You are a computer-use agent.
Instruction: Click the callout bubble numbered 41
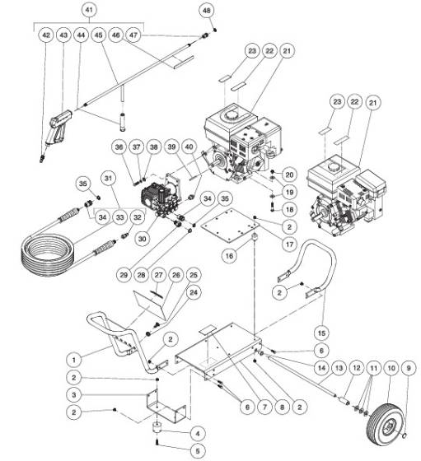click(x=90, y=10)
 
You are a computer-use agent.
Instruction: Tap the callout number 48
click(x=206, y=10)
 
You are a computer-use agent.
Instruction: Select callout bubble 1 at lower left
click(x=75, y=359)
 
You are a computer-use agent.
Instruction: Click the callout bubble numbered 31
click(x=109, y=178)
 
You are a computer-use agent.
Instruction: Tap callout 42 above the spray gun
click(x=46, y=36)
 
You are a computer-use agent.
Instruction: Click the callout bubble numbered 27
click(x=159, y=274)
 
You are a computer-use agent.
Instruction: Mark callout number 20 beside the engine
click(x=289, y=175)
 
